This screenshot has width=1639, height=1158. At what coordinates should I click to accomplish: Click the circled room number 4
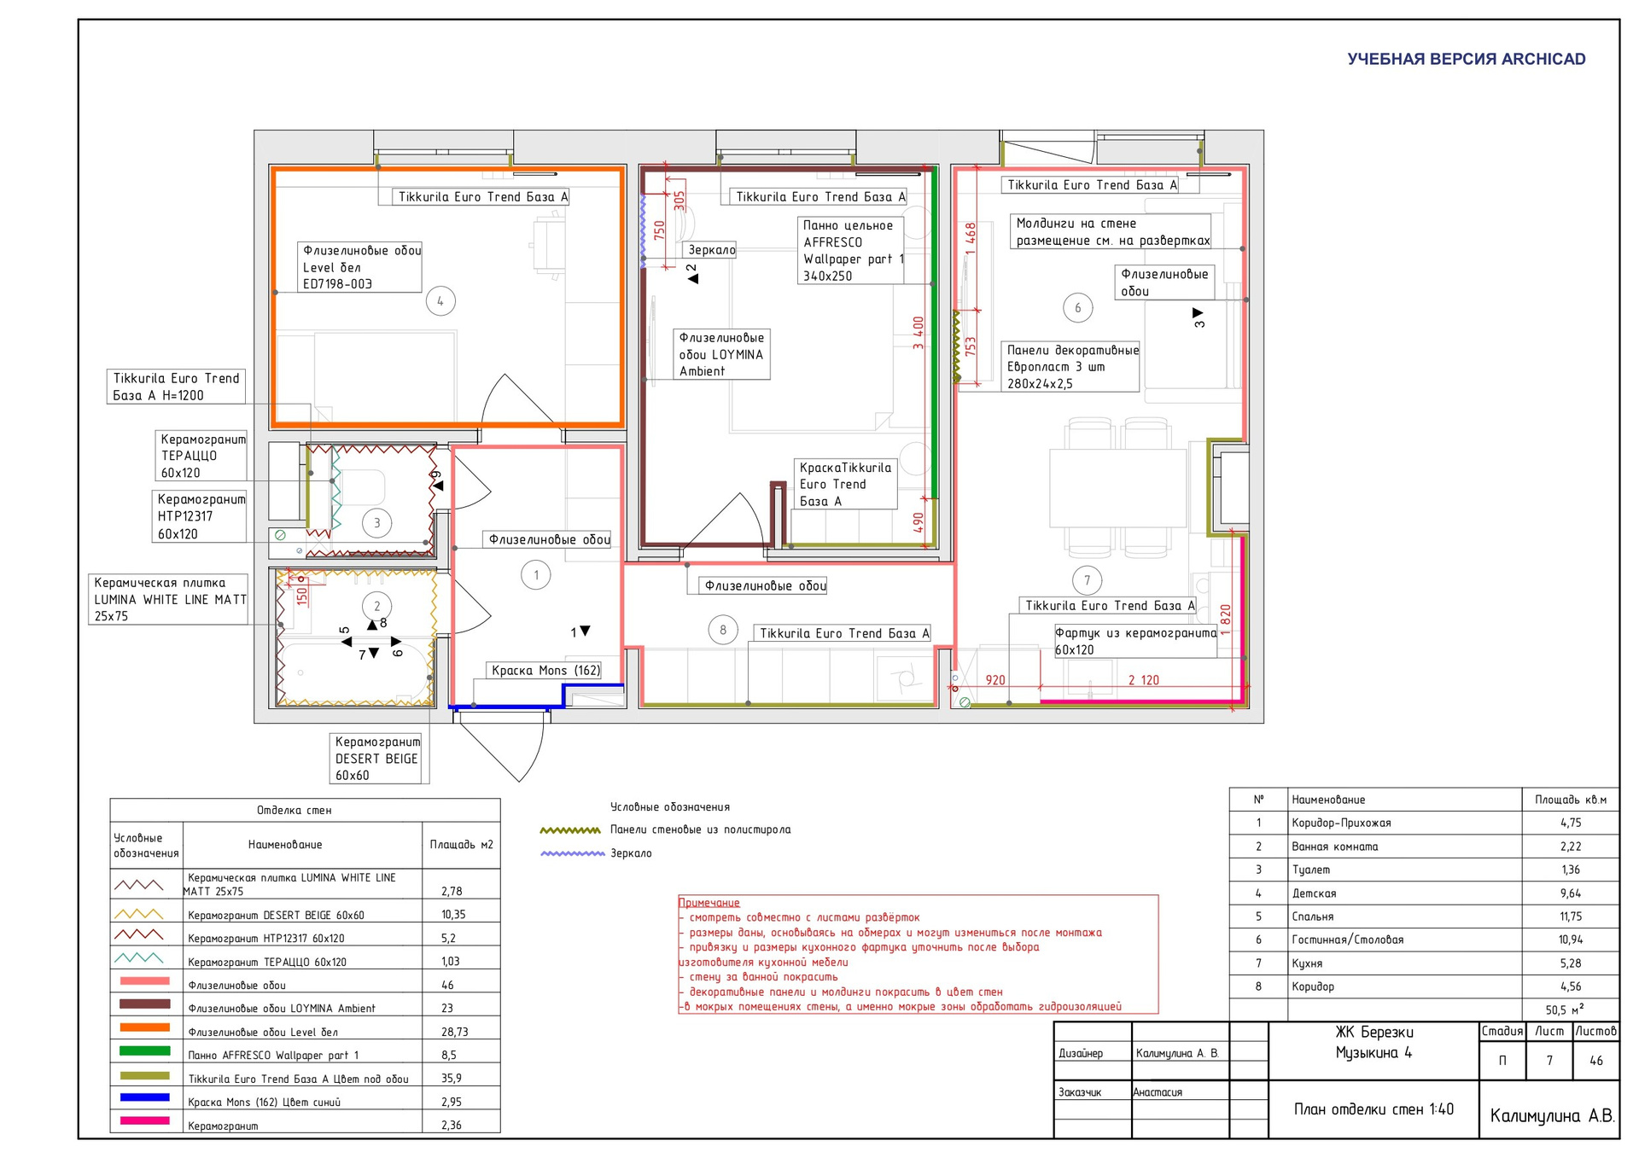[440, 301]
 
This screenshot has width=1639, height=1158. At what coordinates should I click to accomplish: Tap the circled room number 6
[1077, 308]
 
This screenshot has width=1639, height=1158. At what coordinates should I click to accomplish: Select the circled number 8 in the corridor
[723, 631]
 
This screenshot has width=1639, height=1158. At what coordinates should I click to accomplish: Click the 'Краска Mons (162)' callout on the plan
[545, 671]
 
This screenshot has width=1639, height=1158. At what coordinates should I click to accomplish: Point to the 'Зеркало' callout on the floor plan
[712, 250]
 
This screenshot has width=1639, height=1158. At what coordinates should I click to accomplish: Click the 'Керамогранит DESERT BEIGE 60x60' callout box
[377, 759]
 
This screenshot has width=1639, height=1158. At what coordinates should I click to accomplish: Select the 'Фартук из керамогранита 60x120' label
[1135, 641]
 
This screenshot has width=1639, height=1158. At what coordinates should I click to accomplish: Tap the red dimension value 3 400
[919, 333]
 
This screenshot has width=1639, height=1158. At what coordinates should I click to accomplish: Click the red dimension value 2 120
[1144, 680]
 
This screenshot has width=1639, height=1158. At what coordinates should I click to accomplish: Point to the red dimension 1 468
[971, 238]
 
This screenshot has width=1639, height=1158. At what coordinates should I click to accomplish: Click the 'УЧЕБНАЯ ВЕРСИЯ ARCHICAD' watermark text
[1467, 59]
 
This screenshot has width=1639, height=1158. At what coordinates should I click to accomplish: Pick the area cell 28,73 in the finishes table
[455, 1032]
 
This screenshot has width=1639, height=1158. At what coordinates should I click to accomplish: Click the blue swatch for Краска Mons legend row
[145, 1097]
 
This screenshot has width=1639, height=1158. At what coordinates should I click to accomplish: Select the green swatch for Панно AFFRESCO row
[145, 1050]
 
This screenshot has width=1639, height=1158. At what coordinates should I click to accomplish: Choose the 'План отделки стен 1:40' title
[1374, 1109]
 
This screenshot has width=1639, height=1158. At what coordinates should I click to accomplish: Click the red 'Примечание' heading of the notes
[709, 903]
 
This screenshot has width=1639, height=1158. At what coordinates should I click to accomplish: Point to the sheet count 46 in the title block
[1596, 1061]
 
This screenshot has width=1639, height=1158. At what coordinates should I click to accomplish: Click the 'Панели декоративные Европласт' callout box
[1071, 367]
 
